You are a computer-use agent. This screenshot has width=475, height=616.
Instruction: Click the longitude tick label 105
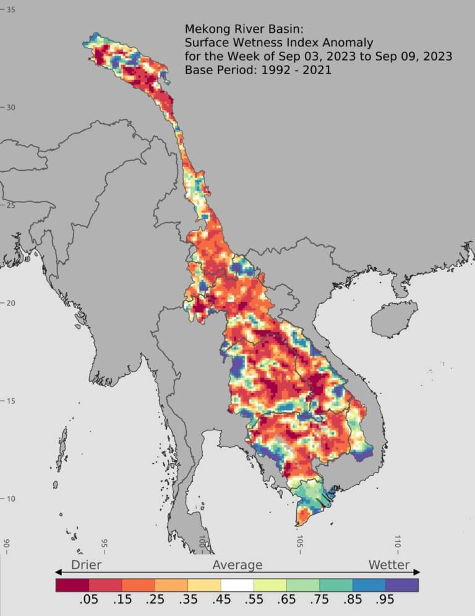click(299, 542)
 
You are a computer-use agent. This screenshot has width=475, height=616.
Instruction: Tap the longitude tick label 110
click(397, 542)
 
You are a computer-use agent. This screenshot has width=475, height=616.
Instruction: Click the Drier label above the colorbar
click(86, 565)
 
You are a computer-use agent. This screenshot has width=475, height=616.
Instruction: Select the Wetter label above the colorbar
click(389, 565)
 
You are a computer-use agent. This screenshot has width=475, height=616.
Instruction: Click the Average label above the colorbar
click(237, 565)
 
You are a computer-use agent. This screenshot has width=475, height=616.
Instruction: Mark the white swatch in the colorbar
click(237, 584)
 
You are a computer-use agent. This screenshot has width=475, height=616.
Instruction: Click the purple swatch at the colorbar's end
click(402, 584)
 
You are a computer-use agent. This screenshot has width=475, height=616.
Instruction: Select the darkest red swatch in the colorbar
click(72, 584)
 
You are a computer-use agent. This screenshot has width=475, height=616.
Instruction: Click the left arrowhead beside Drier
click(59, 572)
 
